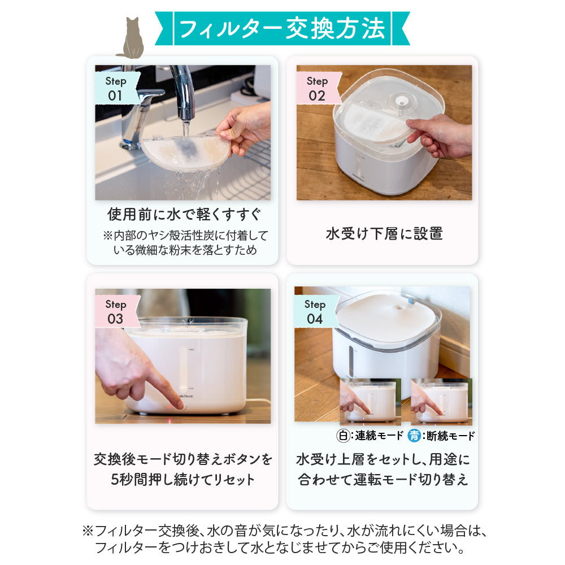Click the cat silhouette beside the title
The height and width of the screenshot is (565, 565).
[x=132, y=40]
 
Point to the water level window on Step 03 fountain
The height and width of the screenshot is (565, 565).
[x=184, y=367]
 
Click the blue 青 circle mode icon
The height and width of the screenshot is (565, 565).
[x=415, y=436]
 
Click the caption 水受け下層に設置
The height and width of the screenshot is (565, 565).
[x=384, y=233]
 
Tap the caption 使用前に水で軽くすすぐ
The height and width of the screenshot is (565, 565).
[x=185, y=215]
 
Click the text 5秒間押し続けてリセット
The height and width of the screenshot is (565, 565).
[x=182, y=480]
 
